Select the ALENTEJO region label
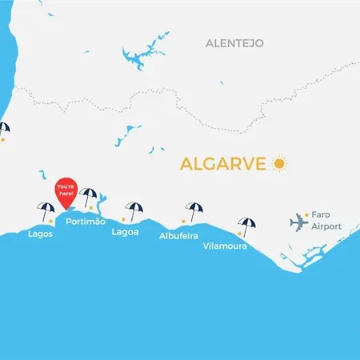[234, 42]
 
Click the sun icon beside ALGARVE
[278, 164]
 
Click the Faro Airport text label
[326, 221]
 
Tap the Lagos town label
[40, 234]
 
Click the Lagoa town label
[126, 232]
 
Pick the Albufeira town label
[178, 236]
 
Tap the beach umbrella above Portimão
[89, 196]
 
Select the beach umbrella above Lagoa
[134, 210]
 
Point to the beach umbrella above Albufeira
[194, 210]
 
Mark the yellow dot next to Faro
[306, 214]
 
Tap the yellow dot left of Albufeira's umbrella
[183, 222]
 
